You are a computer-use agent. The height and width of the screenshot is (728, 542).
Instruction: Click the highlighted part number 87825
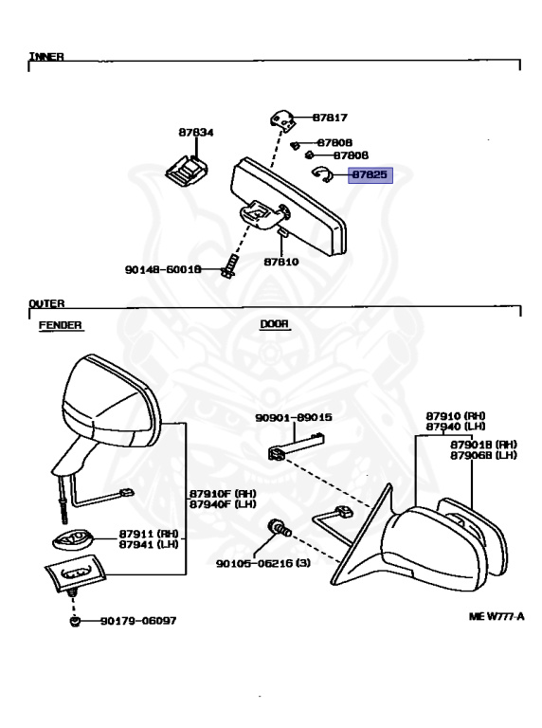pos(370,175)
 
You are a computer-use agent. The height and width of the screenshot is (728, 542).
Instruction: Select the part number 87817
pos(330,118)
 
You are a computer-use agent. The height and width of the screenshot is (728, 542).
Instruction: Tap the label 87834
pos(196,133)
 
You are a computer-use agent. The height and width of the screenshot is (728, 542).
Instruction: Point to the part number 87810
pos(281,262)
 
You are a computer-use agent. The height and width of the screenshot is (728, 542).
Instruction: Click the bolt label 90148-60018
pos(163,270)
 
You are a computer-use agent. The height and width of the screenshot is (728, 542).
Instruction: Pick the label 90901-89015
pos(294,417)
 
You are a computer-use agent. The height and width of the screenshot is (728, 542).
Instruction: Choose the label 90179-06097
pos(138,621)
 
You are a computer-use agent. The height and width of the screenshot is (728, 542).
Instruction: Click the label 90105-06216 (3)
pos(263,564)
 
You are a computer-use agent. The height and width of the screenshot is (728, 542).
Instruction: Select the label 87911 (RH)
pos(149,534)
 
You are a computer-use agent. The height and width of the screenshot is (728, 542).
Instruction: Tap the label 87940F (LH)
pos(223,504)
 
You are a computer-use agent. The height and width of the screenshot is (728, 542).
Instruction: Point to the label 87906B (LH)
pos(483,455)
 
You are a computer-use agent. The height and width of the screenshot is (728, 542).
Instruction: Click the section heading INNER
pos(46,57)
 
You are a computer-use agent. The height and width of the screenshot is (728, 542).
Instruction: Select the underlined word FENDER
pos(61,325)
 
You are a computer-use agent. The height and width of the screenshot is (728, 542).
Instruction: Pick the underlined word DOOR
pos(274,324)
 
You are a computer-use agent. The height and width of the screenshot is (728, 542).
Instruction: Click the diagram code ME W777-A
pos(497,616)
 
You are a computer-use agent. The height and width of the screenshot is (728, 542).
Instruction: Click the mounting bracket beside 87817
pos(281,120)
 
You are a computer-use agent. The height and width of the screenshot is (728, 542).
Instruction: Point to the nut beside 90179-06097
pos(75,621)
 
